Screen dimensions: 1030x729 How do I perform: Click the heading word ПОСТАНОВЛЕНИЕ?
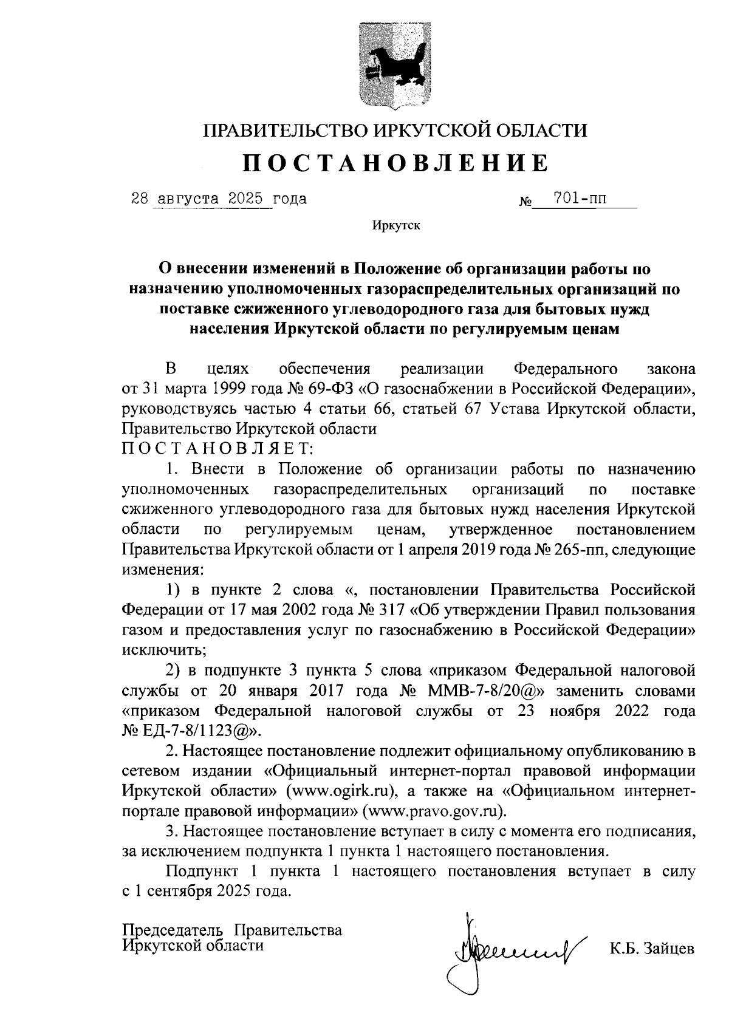click(x=395, y=163)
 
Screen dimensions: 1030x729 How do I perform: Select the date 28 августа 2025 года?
click(x=219, y=199)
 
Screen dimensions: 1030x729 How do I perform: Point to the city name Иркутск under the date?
click(x=396, y=226)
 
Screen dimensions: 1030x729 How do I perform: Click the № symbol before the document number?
click(x=525, y=201)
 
